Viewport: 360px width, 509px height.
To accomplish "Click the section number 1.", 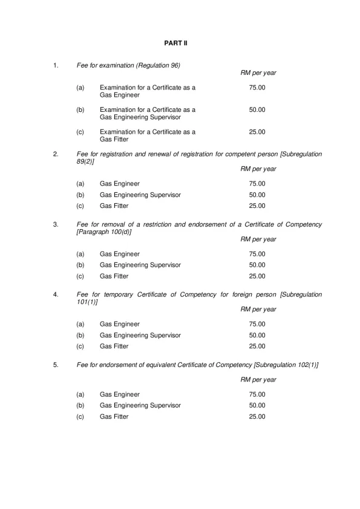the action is coord(56,65).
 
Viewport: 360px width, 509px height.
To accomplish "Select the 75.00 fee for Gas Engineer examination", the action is coord(257,88).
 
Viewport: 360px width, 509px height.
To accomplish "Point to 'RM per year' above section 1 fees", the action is coord(258,73).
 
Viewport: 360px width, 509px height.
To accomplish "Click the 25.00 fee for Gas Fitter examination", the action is coord(257,131).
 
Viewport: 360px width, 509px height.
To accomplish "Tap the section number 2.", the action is coord(56,154).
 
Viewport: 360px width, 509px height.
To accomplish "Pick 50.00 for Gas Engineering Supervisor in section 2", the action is coord(257,195).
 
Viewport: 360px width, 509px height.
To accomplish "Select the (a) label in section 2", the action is coord(80,183).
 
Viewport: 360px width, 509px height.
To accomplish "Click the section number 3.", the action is coord(56,224).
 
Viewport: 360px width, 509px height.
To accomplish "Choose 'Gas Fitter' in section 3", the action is coord(114,276).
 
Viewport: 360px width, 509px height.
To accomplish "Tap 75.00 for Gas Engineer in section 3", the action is coord(257,254).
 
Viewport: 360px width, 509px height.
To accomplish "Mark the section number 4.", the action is coord(56,294).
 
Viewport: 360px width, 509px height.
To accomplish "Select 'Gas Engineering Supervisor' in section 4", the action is coord(140,335).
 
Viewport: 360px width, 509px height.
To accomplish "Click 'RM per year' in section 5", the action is coord(258,380).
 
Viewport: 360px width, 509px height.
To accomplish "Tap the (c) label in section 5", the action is coord(80,417).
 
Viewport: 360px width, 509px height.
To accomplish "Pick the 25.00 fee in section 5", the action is coord(257,417).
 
